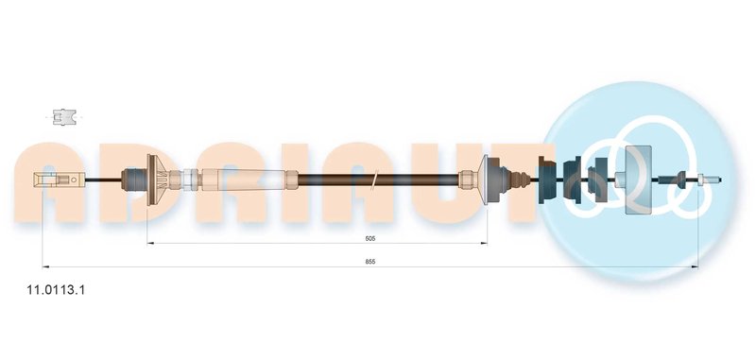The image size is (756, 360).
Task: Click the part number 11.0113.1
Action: pyautogui.click(x=56, y=290)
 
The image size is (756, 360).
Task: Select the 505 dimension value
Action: pyautogui.click(x=369, y=238)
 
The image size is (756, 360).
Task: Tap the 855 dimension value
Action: pyautogui.click(x=369, y=262)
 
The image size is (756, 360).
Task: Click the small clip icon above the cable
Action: pyautogui.click(x=64, y=117)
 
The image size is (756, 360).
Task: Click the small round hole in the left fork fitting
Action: pyautogui.click(x=74, y=180)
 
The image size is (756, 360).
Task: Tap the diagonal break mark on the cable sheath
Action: pyautogui.click(x=375, y=180)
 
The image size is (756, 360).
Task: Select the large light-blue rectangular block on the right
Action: pyautogui.click(x=638, y=180)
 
